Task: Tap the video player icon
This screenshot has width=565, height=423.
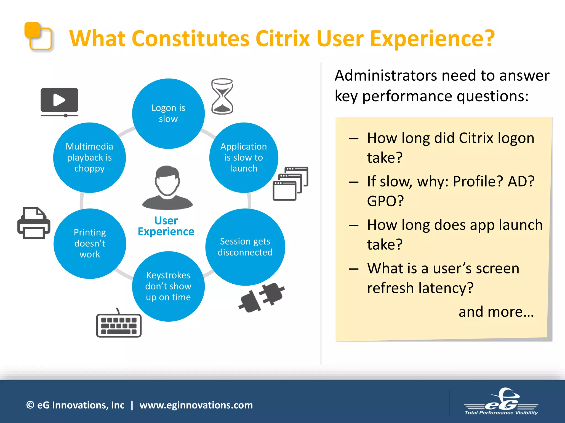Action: [59, 101]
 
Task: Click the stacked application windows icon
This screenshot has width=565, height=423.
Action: [290, 183]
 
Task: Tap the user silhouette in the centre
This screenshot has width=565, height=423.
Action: [167, 187]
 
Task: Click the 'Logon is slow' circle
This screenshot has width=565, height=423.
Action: [168, 113]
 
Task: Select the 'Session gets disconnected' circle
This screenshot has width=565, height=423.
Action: [245, 247]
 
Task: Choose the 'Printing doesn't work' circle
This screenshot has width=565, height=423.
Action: [90, 243]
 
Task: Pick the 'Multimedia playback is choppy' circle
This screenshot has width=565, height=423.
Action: [89, 158]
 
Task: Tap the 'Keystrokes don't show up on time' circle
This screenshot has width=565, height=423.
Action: [168, 286]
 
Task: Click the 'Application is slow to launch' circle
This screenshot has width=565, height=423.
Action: [244, 158]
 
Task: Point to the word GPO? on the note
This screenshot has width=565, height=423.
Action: [385, 201]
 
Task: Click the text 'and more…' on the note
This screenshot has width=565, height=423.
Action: [496, 312]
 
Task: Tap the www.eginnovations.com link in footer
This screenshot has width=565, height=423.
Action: [196, 405]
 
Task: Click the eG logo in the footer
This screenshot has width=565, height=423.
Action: [501, 402]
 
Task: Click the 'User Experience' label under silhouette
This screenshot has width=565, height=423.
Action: [166, 226]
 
